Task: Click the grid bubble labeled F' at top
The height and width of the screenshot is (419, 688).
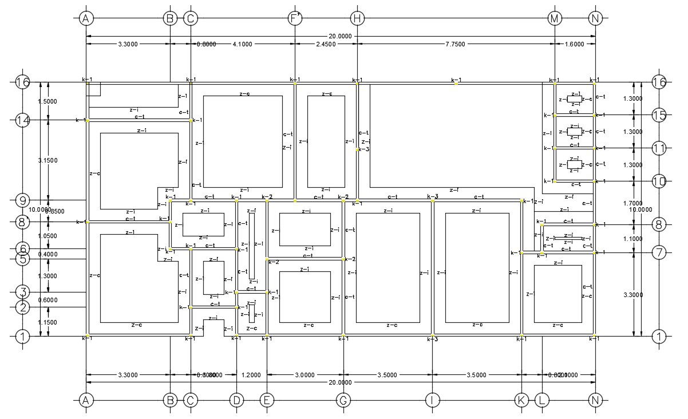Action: [295, 18]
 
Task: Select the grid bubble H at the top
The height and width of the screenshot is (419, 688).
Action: [357, 18]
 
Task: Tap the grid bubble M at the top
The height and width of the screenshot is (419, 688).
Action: [555, 18]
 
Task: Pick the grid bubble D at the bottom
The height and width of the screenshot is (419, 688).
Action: [236, 400]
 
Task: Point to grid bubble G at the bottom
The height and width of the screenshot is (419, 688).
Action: [343, 400]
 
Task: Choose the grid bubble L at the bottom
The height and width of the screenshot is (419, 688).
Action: [541, 400]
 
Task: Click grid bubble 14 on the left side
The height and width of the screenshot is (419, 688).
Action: [22, 120]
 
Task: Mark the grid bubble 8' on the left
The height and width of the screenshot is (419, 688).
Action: [22, 222]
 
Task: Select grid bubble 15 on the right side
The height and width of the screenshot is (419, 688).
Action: [659, 115]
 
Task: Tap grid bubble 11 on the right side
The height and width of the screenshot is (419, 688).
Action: [659, 148]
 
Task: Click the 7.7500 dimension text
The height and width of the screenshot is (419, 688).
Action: [456, 44]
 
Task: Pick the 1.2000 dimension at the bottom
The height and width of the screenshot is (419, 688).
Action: [251, 375]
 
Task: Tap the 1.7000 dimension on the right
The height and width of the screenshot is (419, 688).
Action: [632, 203]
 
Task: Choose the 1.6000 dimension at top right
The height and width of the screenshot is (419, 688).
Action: [575, 44]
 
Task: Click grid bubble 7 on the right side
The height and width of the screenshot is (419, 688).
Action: [659, 252]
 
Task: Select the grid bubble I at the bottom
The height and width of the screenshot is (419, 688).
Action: [432, 400]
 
